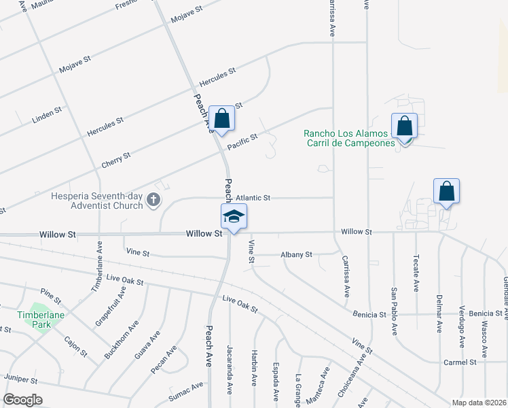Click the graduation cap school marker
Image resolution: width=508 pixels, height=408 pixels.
pos(233,217)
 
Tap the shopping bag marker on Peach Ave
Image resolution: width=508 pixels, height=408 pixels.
pos(221,119)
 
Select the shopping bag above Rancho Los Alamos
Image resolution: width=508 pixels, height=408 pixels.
pos(405,126)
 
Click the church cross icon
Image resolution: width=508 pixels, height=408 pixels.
pos(153,201)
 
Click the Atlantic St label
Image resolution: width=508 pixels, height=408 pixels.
pos(253,198)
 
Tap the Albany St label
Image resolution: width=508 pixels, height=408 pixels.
pos(296,255)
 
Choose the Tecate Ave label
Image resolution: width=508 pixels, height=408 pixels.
pos(416,270)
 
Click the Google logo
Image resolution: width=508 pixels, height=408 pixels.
pos(22,400)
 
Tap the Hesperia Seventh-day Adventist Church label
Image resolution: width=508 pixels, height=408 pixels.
pos(96,201)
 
